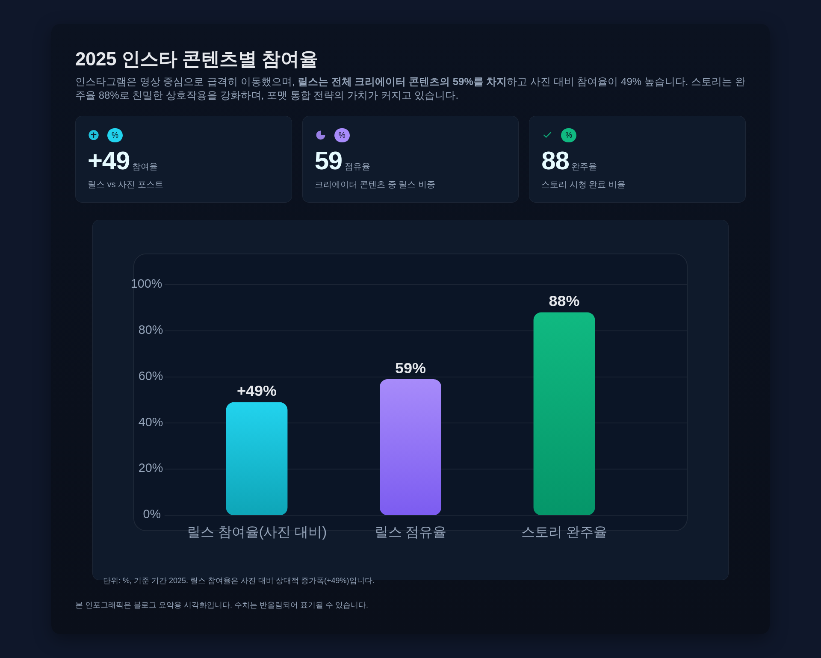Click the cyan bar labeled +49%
[x=257, y=458]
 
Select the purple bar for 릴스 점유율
[x=410, y=447]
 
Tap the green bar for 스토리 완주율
[x=564, y=413]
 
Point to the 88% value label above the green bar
[x=564, y=301]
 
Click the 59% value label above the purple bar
[x=410, y=369]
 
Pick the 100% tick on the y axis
[x=146, y=284]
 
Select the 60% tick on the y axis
[x=151, y=376]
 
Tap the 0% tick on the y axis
[x=152, y=514]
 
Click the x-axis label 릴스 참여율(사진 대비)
[x=257, y=532]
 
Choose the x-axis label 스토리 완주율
[x=564, y=532]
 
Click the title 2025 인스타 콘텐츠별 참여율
[x=196, y=59]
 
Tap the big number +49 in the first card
[x=109, y=161]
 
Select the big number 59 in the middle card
[x=328, y=161]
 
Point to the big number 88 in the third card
[x=555, y=161]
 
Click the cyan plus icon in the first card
[x=94, y=135]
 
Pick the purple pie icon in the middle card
[x=320, y=135]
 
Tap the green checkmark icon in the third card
[x=547, y=135]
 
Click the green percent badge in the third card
[x=568, y=135]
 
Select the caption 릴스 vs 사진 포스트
[x=125, y=185]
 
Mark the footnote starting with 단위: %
[x=238, y=581]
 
